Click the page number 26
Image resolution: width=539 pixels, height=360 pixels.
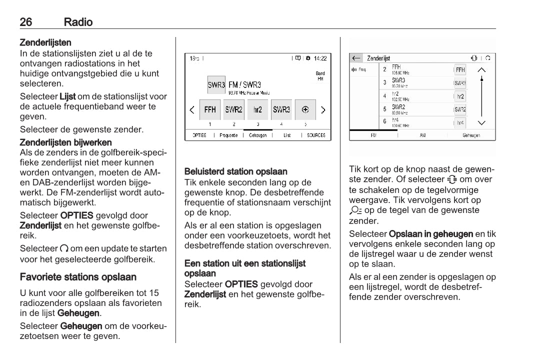26,22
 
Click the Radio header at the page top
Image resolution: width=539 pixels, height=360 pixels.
78,22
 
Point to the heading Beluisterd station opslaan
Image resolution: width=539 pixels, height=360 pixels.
236,171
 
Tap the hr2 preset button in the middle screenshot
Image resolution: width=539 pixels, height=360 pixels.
258,109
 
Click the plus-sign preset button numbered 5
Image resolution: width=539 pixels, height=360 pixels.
305,109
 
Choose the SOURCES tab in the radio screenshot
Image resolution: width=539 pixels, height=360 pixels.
316,135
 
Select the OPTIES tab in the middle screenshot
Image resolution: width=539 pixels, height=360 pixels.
199,135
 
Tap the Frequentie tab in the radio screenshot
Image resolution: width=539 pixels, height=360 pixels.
228,135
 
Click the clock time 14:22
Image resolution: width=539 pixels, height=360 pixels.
320,58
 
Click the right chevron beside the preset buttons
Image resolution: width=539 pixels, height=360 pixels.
323,109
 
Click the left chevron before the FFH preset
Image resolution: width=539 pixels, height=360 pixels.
192,109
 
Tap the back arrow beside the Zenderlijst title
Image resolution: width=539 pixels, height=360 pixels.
356,58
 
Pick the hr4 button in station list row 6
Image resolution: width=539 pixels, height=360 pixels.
460,122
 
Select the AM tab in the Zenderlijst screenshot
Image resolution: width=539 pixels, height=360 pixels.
422,135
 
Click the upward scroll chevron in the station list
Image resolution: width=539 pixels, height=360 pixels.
481,70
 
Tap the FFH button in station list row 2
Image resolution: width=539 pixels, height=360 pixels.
460,70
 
